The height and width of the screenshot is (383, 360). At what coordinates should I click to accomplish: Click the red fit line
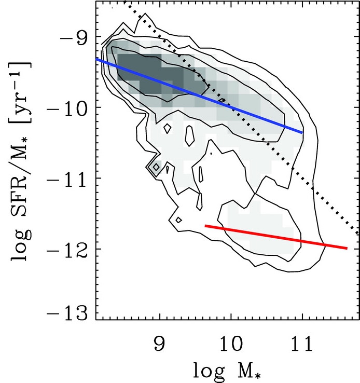275,237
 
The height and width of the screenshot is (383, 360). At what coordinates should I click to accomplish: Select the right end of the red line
347,248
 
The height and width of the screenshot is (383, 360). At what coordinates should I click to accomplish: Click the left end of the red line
206,226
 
